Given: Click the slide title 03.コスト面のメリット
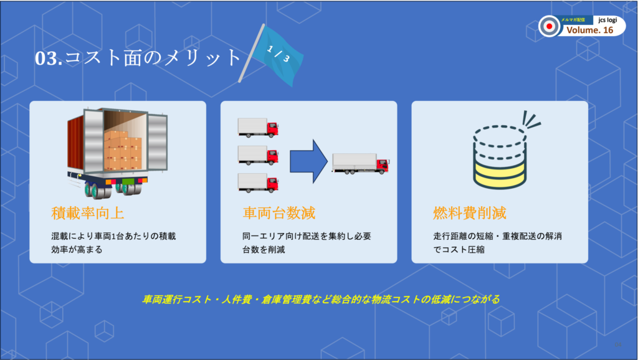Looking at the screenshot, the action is tap(138, 58).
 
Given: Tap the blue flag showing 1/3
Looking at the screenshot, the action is tap(277, 55).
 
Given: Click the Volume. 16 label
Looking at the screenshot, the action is tap(589, 30).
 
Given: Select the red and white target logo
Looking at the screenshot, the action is tap(550, 26).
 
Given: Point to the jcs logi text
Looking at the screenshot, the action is tap(607, 20).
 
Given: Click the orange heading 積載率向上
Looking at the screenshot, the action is tap(87, 213).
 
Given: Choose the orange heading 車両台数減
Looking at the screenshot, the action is tap(279, 213).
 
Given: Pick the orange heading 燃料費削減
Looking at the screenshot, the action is tap(470, 213).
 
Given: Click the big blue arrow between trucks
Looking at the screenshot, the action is tap(308, 161).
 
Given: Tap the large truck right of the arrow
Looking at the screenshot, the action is tap(361, 164).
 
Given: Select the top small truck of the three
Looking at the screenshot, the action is tap(258, 127).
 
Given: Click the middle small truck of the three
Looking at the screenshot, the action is tap(258, 155).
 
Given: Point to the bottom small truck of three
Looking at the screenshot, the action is tap(258, 182).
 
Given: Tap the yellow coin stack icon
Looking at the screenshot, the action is tap(500, 156).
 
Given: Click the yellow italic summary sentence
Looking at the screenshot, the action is tap(321, 300).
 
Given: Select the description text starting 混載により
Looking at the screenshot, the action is tap(113, 243).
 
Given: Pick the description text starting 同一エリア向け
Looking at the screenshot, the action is tap(307, 243).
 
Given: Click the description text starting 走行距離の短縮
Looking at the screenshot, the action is tap(497, 243).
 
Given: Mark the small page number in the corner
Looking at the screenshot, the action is tap(617, 345).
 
